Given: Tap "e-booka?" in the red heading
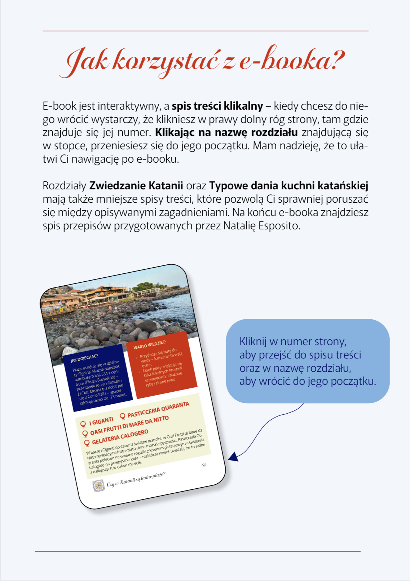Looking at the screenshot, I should (292, 60).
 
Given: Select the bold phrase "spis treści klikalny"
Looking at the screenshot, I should (217, 106).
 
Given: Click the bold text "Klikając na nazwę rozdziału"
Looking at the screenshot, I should (226, 132).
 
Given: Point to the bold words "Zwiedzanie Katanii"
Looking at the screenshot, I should (136, 186).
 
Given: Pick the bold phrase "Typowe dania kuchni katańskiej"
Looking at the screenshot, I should (288, 186).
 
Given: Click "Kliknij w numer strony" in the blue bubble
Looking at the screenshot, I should (293, 341).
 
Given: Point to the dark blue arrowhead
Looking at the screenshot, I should (234, 456).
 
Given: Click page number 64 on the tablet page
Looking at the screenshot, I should (203, 465).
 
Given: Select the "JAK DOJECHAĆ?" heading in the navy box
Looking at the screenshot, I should (84, 358).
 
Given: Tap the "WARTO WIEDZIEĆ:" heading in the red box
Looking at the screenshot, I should (150, 345).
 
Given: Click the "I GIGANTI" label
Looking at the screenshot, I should (101, 421).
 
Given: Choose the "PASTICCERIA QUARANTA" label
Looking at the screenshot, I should (158, 410).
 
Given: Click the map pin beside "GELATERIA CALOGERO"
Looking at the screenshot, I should (87, 443).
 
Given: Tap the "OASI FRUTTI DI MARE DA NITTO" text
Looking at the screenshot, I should (129, 425).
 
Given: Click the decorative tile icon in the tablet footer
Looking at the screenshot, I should (98, 485).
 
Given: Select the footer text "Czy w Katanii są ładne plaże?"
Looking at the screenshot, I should (136, 479).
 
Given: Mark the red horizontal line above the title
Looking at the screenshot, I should (206, 31).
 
